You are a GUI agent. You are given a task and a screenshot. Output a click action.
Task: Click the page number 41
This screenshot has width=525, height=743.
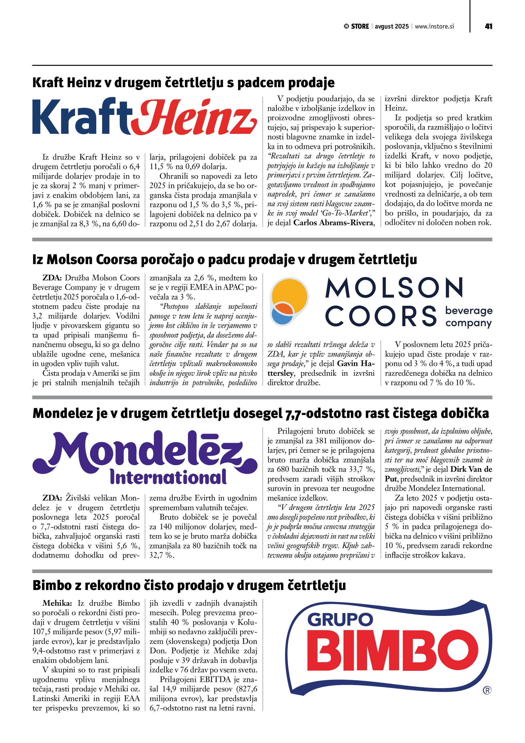(488, 26)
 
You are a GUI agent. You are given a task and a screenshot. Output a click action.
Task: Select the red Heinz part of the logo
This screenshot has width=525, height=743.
(194, 117)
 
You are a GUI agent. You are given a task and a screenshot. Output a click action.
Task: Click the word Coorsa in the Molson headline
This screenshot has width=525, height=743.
(111, 260)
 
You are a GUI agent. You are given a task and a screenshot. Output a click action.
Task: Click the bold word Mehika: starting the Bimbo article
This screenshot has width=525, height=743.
(57, 603)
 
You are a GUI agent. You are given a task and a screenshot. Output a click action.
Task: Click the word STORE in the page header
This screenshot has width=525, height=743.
(360, 26)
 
